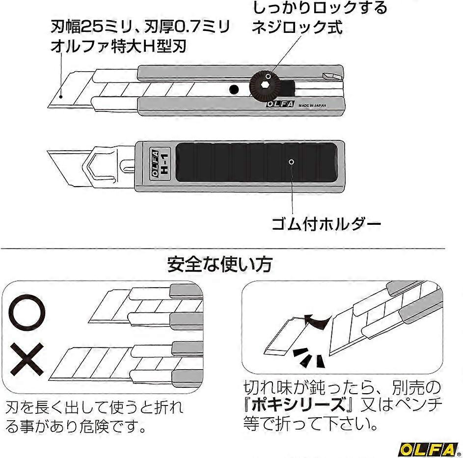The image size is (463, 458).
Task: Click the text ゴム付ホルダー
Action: [x=326, y=225]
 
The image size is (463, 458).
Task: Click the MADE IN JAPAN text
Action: [x=312, y=105]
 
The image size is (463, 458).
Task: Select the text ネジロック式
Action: [x=297, y=27]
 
